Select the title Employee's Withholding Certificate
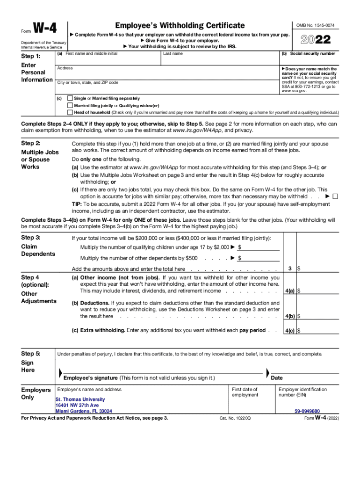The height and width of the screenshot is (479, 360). point(180,25)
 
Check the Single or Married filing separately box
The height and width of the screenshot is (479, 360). point(70,99)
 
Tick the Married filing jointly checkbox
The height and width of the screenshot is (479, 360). point(70,106)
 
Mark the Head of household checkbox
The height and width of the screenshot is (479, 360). point(70,113)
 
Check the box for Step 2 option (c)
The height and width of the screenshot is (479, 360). point(335,196)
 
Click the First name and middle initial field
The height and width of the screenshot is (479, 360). point(108,59)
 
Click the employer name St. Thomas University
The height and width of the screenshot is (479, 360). point(80,399)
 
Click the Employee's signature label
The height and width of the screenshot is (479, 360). point(139,378)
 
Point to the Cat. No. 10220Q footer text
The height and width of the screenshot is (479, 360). point(235,418)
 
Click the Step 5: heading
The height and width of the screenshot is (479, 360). point(31,354)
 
